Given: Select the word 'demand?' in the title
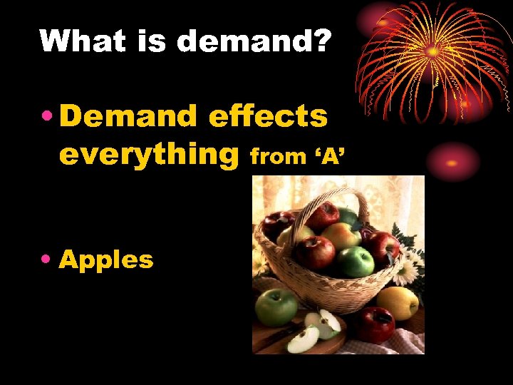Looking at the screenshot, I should click(x=254, y=41).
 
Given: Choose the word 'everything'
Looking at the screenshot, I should click(x=148, y=153).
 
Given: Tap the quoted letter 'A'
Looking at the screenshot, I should click(x=330, y=155).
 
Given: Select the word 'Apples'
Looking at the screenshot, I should click(x=106, y=260).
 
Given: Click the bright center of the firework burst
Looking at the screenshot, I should click(x=432, y=51).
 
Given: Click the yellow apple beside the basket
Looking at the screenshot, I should click(x=397, y=302).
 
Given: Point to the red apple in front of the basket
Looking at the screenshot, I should click(x=375, y=324).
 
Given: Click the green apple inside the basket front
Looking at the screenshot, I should click(x=356, y=261).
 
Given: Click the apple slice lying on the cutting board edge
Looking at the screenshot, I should click(x=302, y=339).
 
